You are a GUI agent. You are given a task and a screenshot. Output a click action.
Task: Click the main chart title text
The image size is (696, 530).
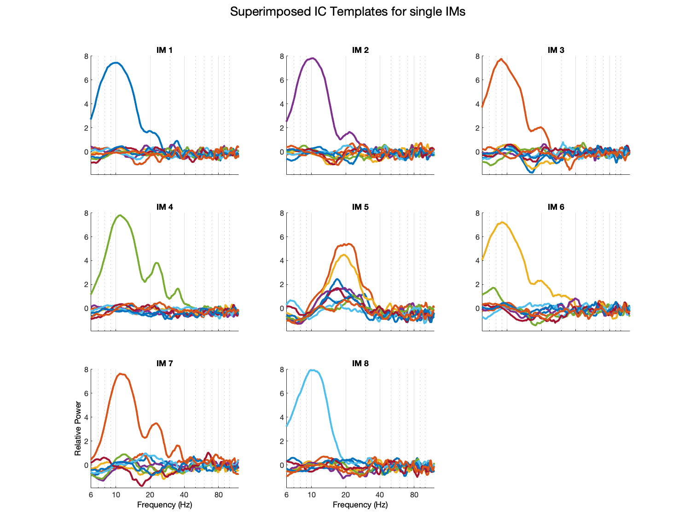[348, 12]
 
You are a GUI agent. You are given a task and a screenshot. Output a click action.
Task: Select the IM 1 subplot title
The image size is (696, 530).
[164, 50]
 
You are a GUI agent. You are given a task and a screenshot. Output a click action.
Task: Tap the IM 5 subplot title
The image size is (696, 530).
[360, 207]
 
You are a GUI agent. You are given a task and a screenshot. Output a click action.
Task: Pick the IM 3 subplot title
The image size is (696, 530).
[556, 50]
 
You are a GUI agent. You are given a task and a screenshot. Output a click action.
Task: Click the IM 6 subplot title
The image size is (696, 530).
[556, 207]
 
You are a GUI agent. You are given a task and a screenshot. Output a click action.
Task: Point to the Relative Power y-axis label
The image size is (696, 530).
[78, 428]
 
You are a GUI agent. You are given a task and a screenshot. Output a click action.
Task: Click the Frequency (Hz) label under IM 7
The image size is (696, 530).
[164, 505]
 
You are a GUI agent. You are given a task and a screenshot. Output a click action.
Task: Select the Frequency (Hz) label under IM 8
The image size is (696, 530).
[360, 505]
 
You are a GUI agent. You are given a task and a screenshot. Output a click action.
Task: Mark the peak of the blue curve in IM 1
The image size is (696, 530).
[116, 63]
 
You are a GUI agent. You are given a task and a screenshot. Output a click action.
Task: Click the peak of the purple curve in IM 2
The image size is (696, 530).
[313, 58]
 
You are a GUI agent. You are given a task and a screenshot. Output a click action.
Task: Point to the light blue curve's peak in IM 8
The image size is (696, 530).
[313, 370]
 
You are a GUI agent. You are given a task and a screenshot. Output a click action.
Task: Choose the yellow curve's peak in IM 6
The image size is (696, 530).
[502, 222]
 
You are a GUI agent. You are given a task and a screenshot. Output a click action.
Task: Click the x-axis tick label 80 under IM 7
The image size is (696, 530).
[219, 495]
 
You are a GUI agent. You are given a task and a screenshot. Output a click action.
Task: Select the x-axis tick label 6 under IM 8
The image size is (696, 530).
[286, 495]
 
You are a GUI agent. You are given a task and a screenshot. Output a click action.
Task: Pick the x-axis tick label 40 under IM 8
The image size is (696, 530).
[380, 495]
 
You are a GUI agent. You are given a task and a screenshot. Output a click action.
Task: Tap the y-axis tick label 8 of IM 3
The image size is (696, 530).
[477, 57]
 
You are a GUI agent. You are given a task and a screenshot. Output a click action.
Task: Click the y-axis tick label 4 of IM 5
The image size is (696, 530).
[282, 261]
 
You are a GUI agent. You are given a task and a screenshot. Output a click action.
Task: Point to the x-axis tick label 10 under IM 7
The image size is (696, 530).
[116, 495]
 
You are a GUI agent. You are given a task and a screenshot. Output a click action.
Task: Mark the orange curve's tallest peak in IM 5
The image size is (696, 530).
[349, 244]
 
